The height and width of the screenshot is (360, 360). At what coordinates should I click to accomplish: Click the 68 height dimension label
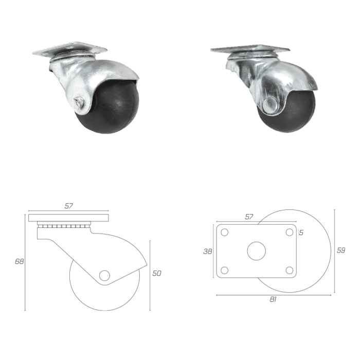(20, 261)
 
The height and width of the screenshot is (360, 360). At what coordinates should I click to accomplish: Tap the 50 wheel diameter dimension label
(157, 273)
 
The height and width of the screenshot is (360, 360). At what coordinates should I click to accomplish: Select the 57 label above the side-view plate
(68, 206)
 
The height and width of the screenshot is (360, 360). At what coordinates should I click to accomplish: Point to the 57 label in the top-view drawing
(249, 217)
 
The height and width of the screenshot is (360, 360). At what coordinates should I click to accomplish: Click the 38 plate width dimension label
(208, 251)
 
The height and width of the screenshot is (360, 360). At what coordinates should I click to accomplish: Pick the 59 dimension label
(341, 250)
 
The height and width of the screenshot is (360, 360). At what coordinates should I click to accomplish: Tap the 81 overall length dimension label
(273, 299)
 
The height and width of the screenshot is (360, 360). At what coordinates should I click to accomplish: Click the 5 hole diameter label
(301, 232)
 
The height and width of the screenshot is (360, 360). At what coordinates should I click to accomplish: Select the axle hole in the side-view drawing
(104, 275)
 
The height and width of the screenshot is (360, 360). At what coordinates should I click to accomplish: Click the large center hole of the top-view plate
(257, 251)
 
